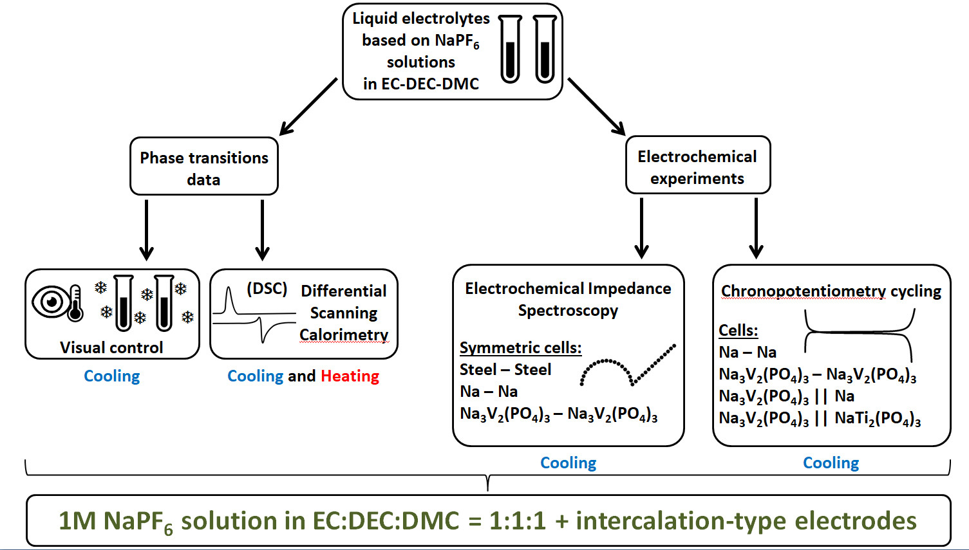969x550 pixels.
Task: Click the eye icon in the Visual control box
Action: [51, 302]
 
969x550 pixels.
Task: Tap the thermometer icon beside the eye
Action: [75, 303]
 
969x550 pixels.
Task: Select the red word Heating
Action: [350, 376]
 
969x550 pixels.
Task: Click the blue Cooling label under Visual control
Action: [111, 376]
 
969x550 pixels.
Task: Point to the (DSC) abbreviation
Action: [267, 288]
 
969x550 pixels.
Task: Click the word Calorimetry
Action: [344, 335]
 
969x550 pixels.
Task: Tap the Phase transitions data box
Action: [203, 167]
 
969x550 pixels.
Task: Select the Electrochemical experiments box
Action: [698, 165]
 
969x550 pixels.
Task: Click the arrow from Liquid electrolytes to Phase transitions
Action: [308, 107]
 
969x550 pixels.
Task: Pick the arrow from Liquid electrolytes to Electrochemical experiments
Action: [597, 107]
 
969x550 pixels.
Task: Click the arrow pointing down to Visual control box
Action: [147, 230]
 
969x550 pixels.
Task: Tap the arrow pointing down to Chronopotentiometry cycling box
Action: [756, 228]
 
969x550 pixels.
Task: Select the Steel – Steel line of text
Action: [505, 369]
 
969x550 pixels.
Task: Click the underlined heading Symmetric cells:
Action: [520, 347]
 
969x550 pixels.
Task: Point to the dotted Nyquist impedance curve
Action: [628, 365]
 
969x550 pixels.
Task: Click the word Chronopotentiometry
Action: [804, 291]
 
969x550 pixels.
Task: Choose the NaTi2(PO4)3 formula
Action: [878, 418]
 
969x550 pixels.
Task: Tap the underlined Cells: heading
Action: [738, 331]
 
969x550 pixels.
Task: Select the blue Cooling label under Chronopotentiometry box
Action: [831, 463]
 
